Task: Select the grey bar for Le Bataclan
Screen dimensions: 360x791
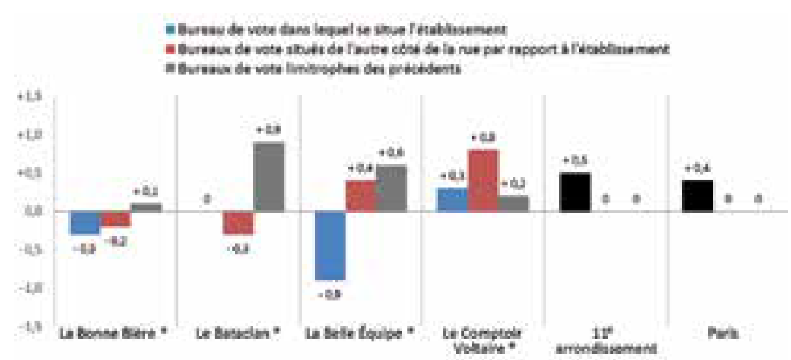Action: [269, 177]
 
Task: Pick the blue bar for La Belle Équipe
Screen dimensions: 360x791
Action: [330, 246]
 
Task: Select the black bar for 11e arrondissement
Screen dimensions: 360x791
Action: [576, 193]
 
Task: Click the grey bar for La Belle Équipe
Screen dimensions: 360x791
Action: [391, 188]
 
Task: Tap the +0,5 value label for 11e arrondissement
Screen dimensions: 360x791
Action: [575, 161]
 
